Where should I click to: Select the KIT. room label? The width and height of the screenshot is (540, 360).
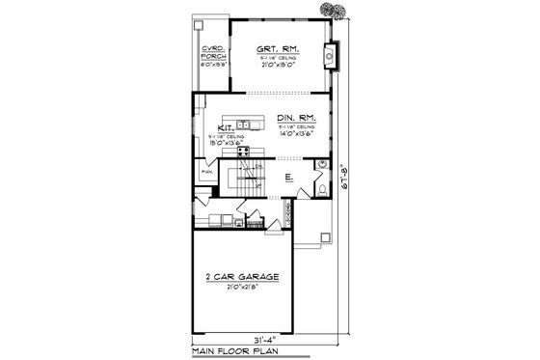click(226, 126)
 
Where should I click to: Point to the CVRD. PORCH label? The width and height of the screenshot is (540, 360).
click(211, 54)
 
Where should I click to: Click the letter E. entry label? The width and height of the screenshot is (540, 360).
click(288, 177)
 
